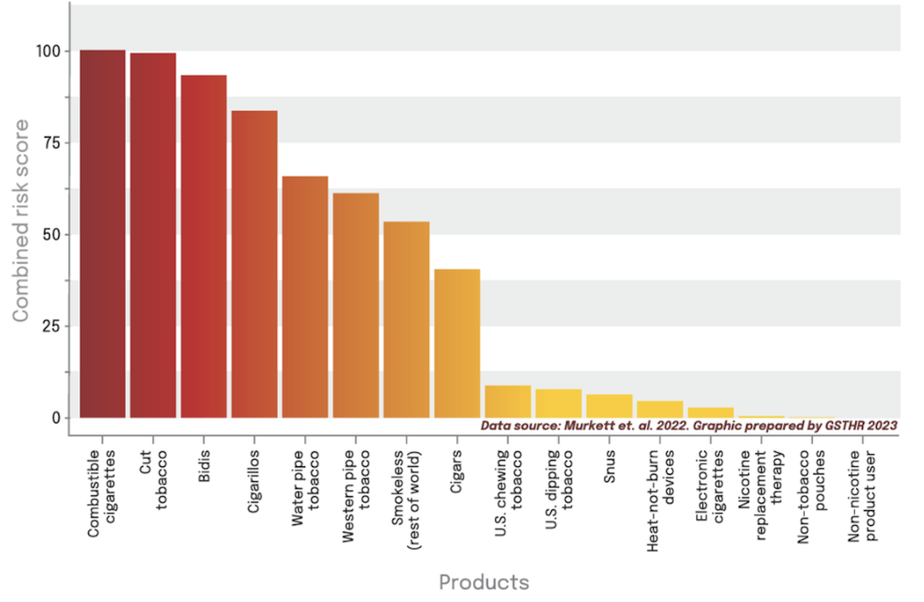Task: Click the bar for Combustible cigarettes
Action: click(103, 233)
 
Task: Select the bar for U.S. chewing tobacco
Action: click(508, 401)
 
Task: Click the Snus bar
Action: click(609, 406)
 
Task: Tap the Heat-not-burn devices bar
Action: click(660, 409)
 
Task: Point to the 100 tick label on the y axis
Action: click(48, 51)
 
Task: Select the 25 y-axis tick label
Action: click(51, 326)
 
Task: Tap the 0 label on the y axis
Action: click(56, 418)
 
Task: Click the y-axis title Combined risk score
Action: click(20, 220)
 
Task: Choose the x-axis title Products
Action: click(484, 582)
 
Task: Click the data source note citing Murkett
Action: click(688, 425)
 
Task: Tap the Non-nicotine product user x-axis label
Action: click(862, 496)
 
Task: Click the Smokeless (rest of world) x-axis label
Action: click(406, 499)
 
